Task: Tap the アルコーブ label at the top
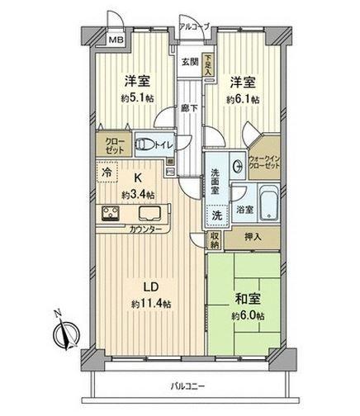194,26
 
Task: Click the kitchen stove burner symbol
111,214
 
